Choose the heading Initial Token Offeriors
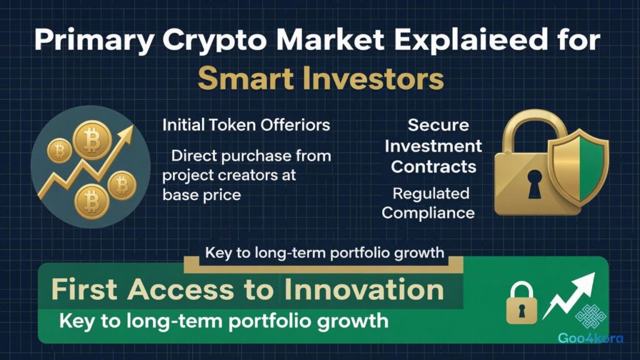pos(246,125)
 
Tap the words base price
pos(201,194)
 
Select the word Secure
pos(438,125)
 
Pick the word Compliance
pos(428,212)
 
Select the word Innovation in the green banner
pos(362,290)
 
